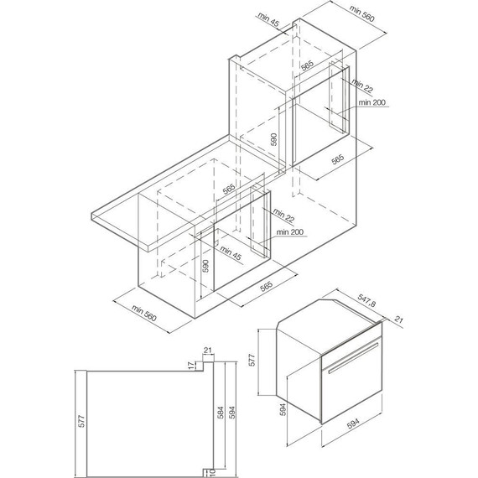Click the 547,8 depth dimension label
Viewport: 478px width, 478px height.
click(366, 300)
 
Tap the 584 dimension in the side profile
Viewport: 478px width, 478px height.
click(221, 413)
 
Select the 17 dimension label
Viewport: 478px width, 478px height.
click(191, 366)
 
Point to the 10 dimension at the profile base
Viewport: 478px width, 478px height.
click(213, 472)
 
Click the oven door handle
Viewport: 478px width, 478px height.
click(353, 358)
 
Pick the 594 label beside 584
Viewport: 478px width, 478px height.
click(232, 413)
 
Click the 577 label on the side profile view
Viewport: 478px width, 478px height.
click(81, 421)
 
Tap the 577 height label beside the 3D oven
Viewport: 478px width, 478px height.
click(252, 360)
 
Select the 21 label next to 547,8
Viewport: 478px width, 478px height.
click(398, 320)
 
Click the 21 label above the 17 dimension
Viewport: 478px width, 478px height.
click(208, 351)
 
